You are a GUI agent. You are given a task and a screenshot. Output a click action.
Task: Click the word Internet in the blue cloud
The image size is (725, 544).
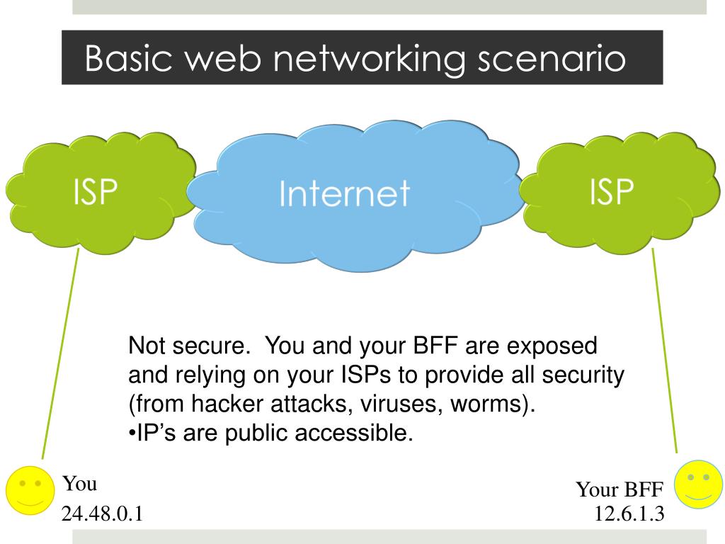point(344,193)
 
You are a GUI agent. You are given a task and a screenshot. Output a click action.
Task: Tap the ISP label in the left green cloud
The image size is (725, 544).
point(95,191)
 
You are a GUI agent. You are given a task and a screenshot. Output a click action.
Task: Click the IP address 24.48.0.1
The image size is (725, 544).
point(103,514)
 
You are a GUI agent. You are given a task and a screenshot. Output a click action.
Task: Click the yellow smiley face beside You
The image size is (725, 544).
point(29,489)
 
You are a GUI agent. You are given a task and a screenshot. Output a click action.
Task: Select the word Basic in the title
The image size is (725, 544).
point(129,59)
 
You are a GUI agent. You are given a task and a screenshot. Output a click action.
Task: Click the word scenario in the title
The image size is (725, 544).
point(551,59)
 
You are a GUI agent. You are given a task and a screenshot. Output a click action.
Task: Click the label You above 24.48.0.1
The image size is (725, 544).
point(79,484)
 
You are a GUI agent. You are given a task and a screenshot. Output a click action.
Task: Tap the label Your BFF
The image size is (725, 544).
point(620,489)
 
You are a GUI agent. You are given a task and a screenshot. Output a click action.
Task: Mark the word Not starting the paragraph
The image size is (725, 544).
point(147,347)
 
